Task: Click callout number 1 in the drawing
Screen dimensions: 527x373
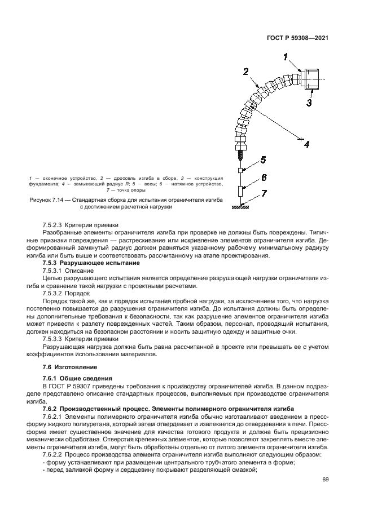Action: tap(286, 57)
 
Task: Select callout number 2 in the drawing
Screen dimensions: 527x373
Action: tap(246, 72)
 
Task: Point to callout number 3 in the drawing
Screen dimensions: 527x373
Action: tap(309, 103)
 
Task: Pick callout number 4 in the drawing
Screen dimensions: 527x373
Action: tap(307, 144)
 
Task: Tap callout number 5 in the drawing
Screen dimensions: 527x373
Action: tap(263, 161)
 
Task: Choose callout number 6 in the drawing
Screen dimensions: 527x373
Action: tap(263, 178)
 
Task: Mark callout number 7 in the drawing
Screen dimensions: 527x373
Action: tap(263, 195)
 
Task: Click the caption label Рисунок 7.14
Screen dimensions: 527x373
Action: tap(49, 200)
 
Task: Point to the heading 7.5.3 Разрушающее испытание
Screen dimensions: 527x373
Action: tap(91, 263)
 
